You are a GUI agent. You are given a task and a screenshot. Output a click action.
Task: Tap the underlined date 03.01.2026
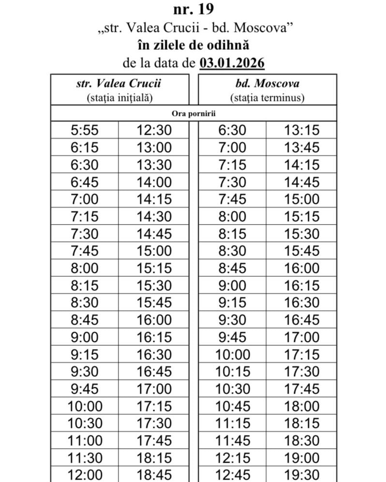tap(232, 63)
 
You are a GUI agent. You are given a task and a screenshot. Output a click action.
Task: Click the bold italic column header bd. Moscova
tap(267, 83)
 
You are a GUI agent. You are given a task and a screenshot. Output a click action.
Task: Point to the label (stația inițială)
tap(119, 98)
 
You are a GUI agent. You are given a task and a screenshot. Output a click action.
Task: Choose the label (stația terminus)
tap(267, 98)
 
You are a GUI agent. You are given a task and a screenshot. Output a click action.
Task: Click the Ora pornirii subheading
tap(193, 113)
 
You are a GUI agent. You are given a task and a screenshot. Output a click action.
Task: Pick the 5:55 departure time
tap(84, 130)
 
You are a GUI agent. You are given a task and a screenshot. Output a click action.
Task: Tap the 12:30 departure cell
tap(154, 130)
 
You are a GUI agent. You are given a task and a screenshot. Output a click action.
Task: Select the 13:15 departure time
tap(302, 130)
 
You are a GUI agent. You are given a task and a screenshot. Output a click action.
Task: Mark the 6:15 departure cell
tap(84, 147)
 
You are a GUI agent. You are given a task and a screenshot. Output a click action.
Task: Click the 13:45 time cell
tap(302, 147)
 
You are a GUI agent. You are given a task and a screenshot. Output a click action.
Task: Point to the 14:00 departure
tap(154, 182)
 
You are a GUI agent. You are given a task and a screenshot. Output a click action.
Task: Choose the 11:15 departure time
tap(233, 424)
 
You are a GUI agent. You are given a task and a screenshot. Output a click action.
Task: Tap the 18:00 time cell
tap(302, 406)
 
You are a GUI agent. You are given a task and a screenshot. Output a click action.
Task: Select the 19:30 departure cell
tap(302, 475)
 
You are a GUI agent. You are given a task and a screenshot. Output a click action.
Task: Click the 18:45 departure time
tap(154, 475)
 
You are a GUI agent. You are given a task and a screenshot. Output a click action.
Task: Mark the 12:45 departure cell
tap(233, 475)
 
